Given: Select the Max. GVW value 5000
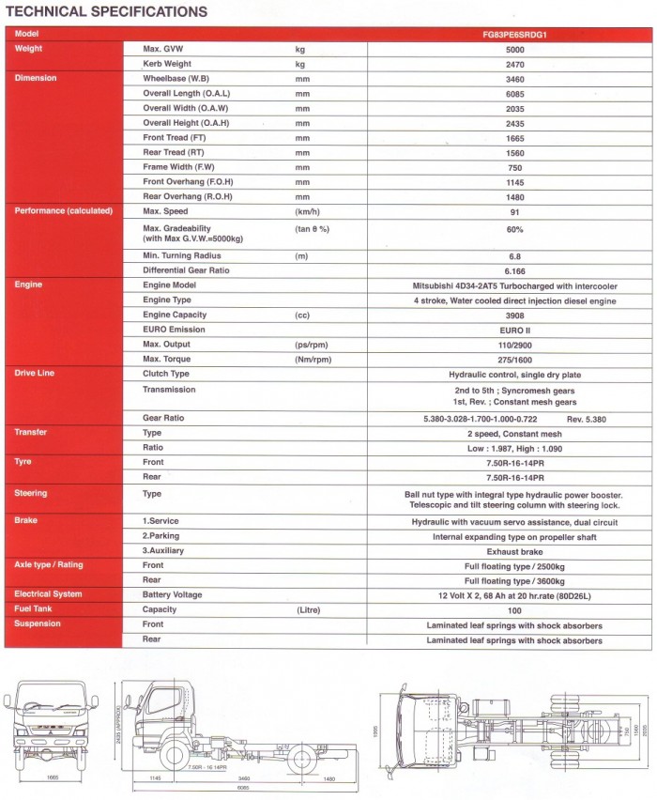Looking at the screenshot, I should coord(514,48).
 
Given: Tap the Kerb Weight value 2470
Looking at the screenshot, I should coord(514,64).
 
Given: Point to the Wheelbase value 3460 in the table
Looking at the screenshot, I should coord(514,79).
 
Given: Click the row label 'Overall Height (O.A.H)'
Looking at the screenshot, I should coord(186,123).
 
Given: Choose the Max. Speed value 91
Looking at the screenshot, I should coord(514,211).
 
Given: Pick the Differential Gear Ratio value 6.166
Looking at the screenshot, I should coord(514,270).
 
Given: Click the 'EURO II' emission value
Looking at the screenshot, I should coord(514,330).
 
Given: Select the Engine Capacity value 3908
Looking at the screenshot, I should coord(514,315).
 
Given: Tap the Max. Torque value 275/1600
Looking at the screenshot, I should coord(514,360).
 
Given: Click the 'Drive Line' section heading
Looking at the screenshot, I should coord(35,374).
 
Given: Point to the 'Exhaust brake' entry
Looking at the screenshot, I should coord(514,551).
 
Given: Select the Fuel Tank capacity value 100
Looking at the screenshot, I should coord(514,609).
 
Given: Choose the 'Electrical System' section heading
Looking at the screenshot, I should coord(48,594).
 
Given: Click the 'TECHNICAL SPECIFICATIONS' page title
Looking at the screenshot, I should coord(107,12).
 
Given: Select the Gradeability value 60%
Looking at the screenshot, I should coord(514,229).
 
